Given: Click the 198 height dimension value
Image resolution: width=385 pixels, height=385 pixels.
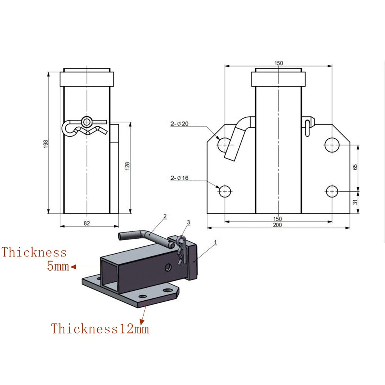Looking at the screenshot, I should point(46,143).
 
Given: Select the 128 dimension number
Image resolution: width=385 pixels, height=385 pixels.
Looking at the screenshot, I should point(127,166).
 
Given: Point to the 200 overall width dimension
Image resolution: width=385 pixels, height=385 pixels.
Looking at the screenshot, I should point(278,225).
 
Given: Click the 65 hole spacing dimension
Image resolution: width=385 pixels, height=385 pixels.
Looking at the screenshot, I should point(355,167).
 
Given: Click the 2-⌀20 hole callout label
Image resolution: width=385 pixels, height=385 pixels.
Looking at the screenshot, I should point(180,124).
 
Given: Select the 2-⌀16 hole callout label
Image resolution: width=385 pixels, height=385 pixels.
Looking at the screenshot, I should point(180,178).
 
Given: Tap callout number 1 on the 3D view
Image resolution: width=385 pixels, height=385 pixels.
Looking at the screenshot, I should point(216,242).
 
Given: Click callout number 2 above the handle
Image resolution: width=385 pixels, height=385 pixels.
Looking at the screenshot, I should point(165,216).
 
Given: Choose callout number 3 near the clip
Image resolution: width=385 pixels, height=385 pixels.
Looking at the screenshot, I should point(188,222).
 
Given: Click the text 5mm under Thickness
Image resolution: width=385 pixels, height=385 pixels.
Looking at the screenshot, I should point(58,266).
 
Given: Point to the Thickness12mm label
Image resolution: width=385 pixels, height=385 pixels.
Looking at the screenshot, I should point(100,329).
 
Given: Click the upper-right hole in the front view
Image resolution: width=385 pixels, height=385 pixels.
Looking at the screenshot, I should point(331,145).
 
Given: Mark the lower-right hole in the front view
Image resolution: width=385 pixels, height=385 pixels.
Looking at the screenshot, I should point(331,191).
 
